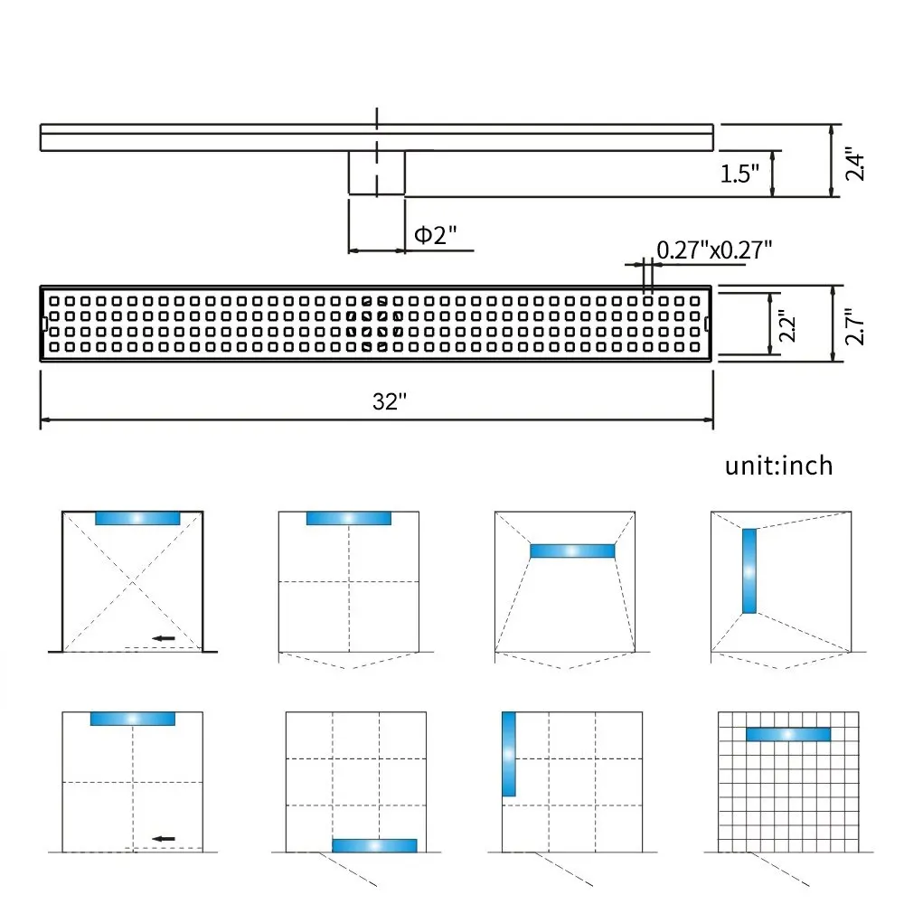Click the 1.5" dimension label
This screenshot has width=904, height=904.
tap(739, 174)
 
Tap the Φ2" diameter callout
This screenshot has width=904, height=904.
tap(435, 235)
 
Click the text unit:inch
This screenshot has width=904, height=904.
tap(778, 466)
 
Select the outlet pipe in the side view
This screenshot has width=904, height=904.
tap(377, 172)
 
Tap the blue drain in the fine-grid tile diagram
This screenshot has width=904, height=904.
tap(787, 734)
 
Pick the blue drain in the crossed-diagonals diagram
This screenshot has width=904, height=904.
tap(137, 518)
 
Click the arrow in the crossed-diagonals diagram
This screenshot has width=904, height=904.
tap(163, 639)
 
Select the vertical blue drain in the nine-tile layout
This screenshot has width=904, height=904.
tap(508, 754)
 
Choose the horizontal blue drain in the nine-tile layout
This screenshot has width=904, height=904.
tap(374, 845)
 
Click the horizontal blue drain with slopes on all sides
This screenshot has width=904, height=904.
tap(572, 551)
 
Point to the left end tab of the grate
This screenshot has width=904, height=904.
tap(44, 324)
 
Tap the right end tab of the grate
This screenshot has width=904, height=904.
tap(708, 324)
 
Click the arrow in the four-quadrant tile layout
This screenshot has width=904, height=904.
tap(163, 839)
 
